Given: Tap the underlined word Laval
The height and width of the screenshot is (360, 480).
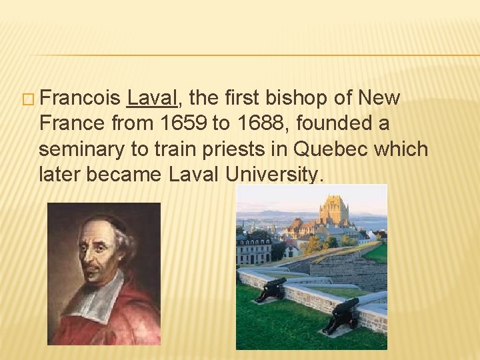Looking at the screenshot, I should tap(152, 99).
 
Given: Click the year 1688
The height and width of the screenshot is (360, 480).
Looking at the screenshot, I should tap(269, 124).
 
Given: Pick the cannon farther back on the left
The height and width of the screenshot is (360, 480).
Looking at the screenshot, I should tap(271, 288).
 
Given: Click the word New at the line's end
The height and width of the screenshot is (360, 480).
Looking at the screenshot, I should tap(379, 99).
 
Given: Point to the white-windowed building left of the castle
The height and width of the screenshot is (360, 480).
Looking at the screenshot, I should tap(254, 248).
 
